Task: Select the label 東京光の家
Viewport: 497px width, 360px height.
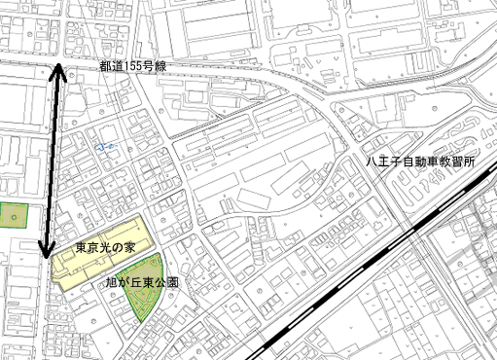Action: [106, 249]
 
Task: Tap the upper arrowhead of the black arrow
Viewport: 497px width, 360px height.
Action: [57, 69]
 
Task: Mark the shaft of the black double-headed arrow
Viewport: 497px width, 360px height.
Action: [52, 161]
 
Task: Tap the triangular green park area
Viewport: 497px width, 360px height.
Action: [140, 298]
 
